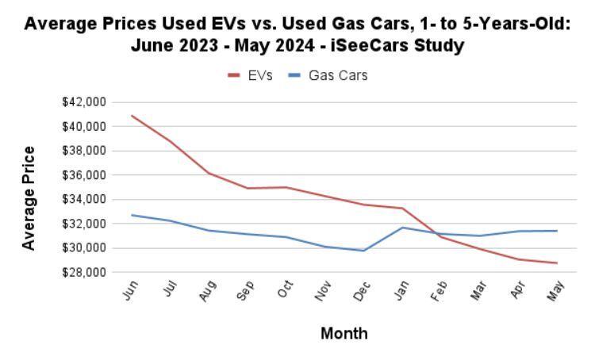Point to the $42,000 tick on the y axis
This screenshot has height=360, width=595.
[84, 102]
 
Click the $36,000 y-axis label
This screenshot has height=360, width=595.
[84, 175]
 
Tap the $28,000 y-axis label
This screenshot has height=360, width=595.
[84, 273]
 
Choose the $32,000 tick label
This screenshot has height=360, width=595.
[84, 224]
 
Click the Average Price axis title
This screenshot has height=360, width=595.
[29, 198]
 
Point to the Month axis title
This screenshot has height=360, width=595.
[344, 334]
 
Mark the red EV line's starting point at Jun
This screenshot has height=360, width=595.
[132, 116]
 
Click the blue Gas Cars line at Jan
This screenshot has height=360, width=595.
[403, 228]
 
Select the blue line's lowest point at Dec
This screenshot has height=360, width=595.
[364, 251]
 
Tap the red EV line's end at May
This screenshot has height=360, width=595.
[557, 263]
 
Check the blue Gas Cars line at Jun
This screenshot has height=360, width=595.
[132, 215]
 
